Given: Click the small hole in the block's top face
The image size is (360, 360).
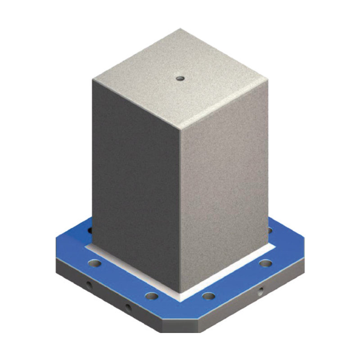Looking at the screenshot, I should tap(180, 79).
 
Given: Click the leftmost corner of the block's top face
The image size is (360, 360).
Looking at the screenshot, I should tap(93, 80).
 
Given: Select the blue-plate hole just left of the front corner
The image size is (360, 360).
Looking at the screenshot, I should tap(152, 296).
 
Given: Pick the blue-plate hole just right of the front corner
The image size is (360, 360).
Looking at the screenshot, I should tap(208, 296).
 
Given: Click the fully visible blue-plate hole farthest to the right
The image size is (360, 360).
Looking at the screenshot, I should tap(265, 263).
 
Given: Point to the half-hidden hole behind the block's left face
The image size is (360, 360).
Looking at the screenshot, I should tap(90, 230).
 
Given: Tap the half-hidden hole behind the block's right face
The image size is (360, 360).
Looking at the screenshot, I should tap(270, 230).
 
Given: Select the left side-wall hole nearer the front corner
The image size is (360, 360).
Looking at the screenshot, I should tap(128, 308).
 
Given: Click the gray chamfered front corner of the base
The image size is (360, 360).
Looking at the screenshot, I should tap(180, 326).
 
